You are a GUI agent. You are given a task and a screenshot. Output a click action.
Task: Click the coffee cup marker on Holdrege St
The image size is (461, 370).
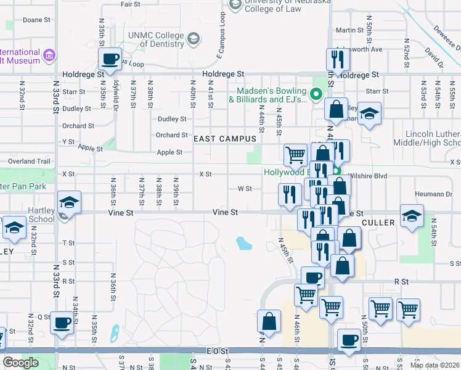click(x=111, y=59)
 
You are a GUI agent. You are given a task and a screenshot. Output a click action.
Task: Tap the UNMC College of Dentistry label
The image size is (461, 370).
click(x=157, y=40)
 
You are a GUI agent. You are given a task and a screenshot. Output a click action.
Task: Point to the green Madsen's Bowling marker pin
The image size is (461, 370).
click(x=316, y=94)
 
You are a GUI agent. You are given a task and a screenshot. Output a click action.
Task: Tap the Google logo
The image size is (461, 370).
click(x=20, y=363)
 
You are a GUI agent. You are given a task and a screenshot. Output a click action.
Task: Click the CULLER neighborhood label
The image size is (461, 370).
click(x=379, y=222)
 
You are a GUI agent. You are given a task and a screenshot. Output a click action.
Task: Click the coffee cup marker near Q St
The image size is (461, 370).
click(x=62, y=323)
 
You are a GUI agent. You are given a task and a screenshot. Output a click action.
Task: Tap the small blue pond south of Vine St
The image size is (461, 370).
click(x=244, y=244)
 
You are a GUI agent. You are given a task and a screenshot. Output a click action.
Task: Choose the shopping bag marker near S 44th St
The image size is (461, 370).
click(x=269, y=321)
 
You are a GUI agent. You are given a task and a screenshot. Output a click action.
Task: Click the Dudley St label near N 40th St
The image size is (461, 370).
click(x=172, y=119)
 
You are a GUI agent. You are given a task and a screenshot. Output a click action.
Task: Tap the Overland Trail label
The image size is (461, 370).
click(x=25, y=162)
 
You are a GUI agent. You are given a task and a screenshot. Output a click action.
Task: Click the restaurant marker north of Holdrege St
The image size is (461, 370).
click(x=338, y=59)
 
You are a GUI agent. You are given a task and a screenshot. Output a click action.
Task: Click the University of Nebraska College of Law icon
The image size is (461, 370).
click(x=235, y=5)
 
